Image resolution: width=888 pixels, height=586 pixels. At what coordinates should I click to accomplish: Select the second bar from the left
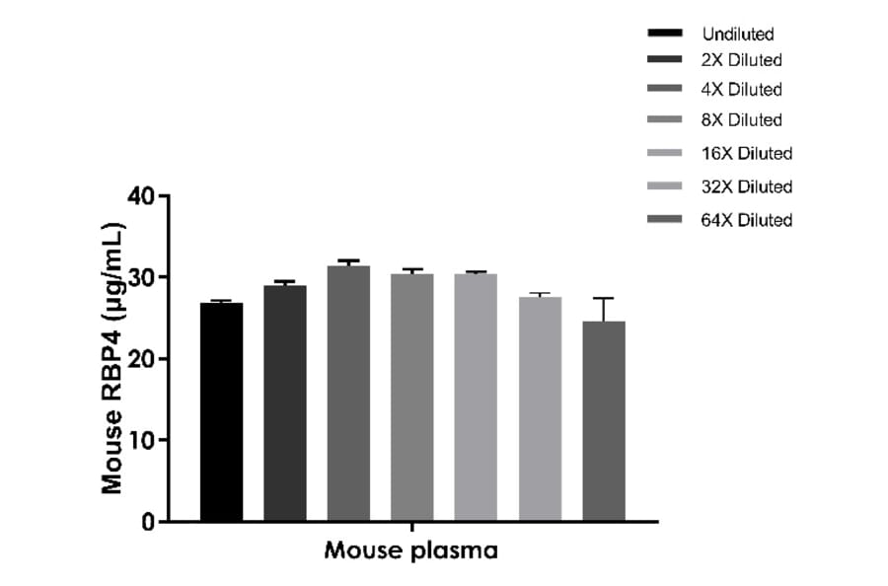point(285,403)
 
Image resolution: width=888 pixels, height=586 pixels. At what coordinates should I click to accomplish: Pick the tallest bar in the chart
point(348,394)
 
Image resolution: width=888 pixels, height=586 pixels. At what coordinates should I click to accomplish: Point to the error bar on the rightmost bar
point(603,309)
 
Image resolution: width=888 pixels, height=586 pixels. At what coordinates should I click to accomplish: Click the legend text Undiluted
point(738,35)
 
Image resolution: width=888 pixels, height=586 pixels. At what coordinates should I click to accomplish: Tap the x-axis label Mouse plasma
point(411,550)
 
